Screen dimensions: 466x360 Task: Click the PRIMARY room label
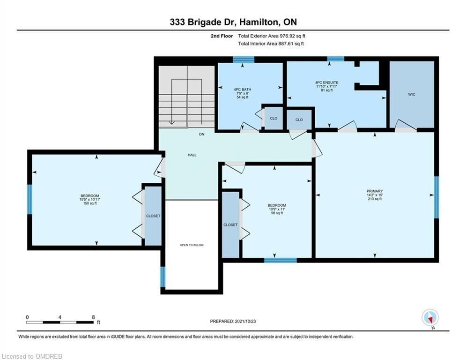point(375,191)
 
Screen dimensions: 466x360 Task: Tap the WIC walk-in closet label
point(412,94)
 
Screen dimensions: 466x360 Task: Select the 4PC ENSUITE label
point(326,82)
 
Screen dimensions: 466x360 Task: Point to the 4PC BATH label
point(243,89)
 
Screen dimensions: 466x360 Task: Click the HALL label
point(192,155)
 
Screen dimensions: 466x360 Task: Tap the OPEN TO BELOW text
point(192,245)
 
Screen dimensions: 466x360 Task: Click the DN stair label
point(202,134)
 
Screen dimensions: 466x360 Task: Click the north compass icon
point(430,318)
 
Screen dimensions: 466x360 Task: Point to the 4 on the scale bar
point(60,317)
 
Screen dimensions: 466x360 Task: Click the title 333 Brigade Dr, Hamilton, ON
point(233,22)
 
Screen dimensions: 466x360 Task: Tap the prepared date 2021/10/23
point(245,321)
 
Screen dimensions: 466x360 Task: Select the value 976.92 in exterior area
point(287,36)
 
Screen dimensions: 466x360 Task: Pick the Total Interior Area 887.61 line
point(271,44)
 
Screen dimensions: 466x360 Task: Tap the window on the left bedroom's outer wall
point(30,199)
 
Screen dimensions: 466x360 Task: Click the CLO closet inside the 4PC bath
point(274,118)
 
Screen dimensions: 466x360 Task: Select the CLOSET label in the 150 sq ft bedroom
point(153,216)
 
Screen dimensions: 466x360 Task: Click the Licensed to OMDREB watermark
point(32,356)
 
